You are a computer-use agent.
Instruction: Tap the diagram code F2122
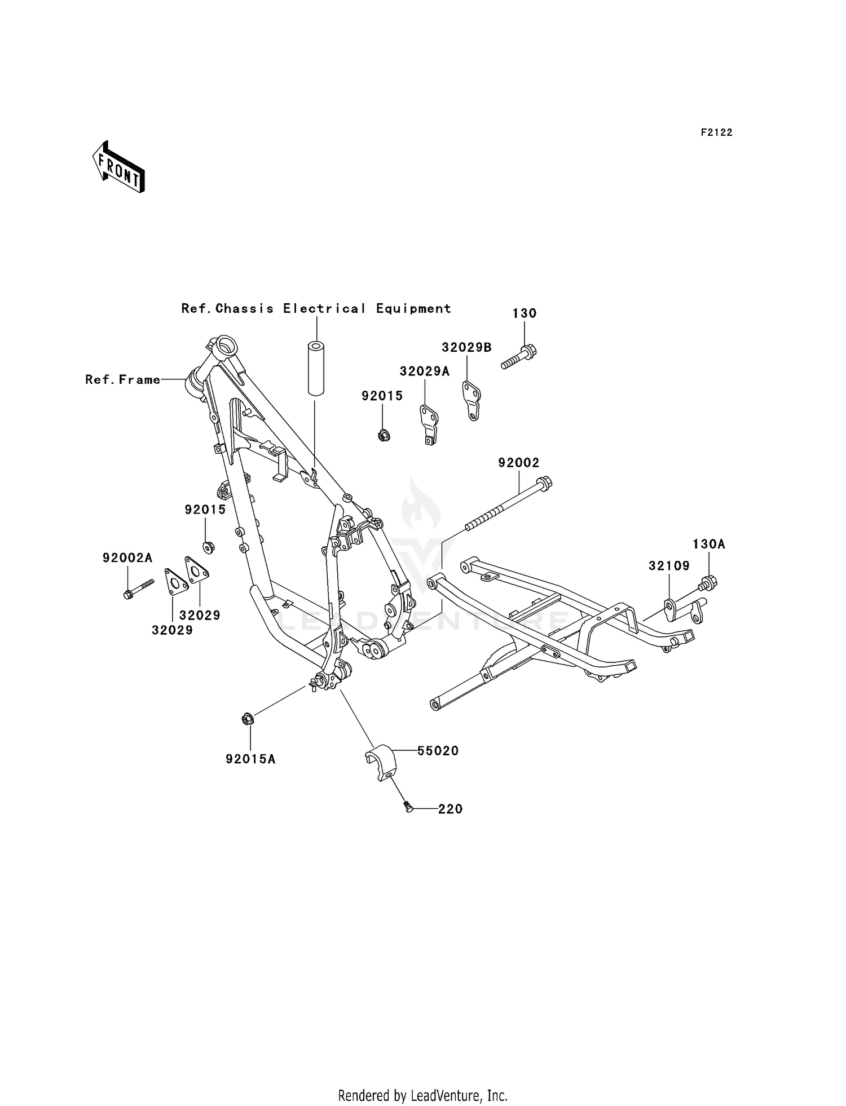click(x=716, y=132)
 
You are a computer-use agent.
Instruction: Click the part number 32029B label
click(x=466, y=348)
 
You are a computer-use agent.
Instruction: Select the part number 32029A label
click(x=425, y=371)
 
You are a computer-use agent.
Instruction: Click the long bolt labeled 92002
click(x=508, y=505)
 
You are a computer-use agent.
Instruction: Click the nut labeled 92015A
click(x=247, y=719)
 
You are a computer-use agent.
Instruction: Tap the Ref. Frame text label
click(x=123, y=380)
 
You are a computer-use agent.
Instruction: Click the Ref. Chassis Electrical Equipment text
click(x=316, y=309)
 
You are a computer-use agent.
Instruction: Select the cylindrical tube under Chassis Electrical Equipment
click(x=316, y=368)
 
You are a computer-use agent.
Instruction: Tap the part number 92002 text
click(x=518, y=463)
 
